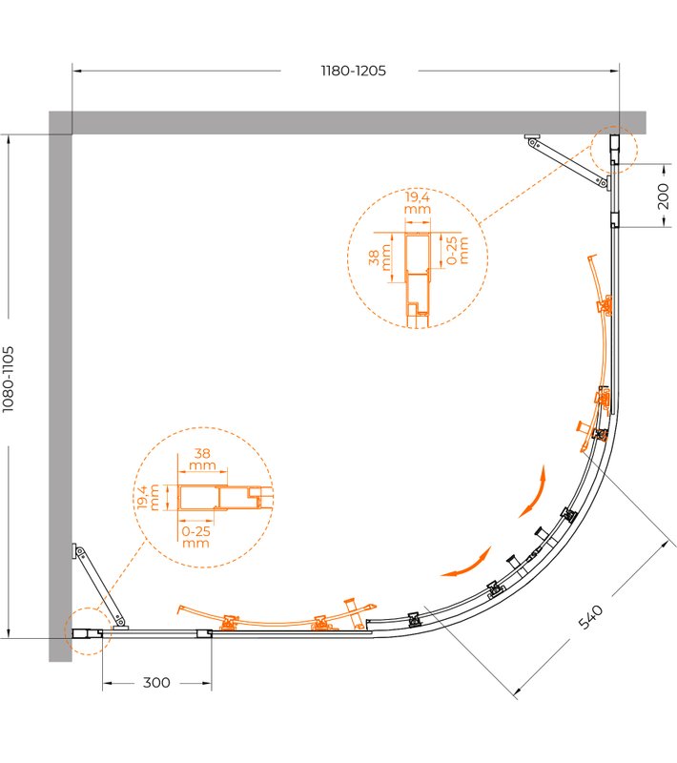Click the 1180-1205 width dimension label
[354, 71]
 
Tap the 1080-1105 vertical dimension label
[9, 380]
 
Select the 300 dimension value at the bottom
[156, 683]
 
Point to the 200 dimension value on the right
[663, 196]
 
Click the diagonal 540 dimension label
[590, 617]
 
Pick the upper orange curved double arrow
[533, 492]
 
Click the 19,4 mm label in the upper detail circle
[418, 202]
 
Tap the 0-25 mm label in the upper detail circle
[457, 250]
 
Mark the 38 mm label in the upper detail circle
[380, 258]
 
